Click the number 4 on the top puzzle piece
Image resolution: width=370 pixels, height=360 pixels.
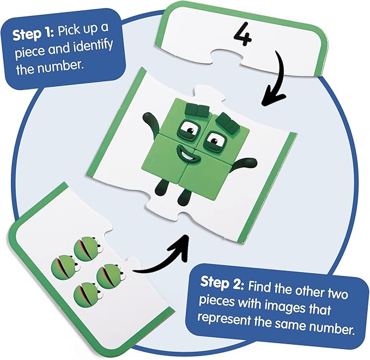point(242,34)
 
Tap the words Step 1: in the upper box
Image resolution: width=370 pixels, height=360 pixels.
point(33,34)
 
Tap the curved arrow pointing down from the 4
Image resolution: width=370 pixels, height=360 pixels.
point(276,78)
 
